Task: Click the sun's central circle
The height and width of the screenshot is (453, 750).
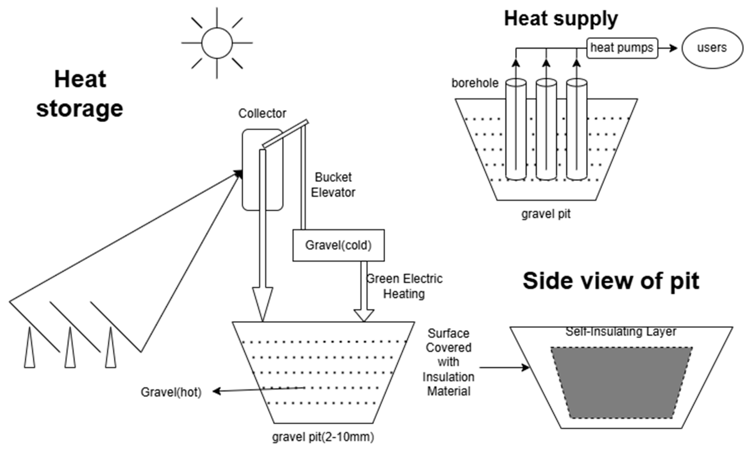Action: [x=217, y=43]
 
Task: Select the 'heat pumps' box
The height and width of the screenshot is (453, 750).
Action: [x=622, y=48]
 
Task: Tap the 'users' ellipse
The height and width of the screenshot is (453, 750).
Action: [x=712, y=48]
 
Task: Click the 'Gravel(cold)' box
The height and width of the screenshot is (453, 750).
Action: [x=339, y=245]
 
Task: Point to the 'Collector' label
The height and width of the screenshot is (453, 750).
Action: [x=262, y=114]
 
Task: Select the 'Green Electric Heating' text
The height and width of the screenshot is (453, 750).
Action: [x=404, y=286]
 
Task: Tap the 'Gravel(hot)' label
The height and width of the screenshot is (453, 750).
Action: [x=171, y=392]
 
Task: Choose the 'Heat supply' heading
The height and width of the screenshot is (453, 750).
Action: [x=561, y=19]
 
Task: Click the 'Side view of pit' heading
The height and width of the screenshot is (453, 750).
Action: [x=611, y=281]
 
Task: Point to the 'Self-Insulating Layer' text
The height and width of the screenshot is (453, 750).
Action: [x=621, y=332]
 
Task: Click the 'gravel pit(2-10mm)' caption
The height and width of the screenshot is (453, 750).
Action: [x=323, y=437]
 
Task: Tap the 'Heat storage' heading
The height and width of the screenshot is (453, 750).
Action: [x=80, y=93]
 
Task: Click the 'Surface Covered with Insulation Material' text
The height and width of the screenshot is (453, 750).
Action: [x=448, y=362]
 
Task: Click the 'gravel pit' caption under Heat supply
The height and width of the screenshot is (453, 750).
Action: [x=546, y=214]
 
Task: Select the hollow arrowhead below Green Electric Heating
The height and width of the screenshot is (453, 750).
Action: [x=364, y=315]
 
